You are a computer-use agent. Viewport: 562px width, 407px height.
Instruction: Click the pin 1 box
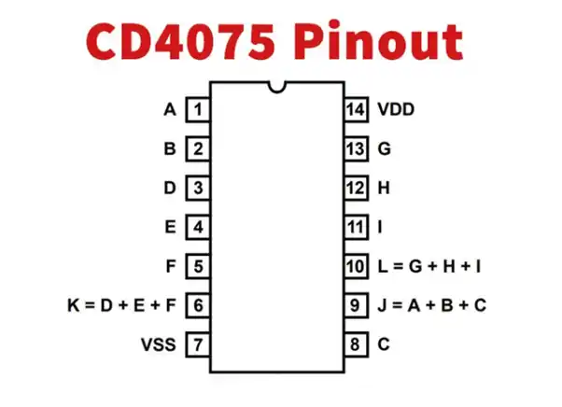coord(198,110)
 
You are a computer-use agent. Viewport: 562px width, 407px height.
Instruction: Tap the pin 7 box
coord(198,344)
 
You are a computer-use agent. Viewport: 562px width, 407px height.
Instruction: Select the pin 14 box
coord(356,110)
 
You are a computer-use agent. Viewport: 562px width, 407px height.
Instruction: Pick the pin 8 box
coord(356,344)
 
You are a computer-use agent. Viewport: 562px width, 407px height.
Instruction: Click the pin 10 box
coord(356,266)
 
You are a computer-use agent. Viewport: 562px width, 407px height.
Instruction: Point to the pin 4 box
coord(198,227)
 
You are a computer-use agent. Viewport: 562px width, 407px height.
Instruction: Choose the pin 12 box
coord(356,188)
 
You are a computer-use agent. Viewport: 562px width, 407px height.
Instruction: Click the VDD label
coord(396,110)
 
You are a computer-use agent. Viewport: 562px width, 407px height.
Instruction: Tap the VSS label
coord(159,344)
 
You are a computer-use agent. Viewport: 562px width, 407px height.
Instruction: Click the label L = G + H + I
coord(429,266)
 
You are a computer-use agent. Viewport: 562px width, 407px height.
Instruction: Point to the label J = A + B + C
coord(431,305)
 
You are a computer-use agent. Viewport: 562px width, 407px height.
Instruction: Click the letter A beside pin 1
coord(170,110)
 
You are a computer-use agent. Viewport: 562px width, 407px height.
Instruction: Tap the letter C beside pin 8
coord(383,344)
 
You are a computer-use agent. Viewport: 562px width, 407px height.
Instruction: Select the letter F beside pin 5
coord(171,266)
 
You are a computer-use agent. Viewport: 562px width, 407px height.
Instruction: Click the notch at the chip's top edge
coord(276,88)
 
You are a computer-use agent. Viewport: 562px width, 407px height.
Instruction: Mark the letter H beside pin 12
coord(383,188)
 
